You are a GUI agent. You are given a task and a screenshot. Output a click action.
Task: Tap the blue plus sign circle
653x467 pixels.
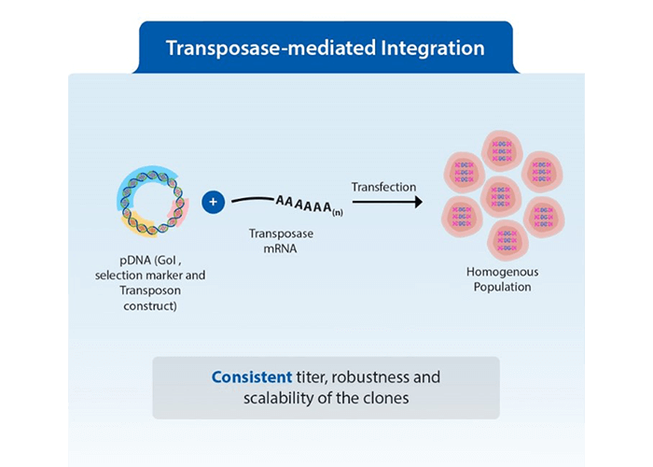click(214, 201)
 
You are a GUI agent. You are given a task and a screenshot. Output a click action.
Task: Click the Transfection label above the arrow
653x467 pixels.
click(383, 187)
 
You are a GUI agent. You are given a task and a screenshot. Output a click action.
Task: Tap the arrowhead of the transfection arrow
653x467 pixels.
click(415, 202)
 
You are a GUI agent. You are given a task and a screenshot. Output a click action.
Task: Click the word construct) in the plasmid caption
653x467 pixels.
click(149, 305)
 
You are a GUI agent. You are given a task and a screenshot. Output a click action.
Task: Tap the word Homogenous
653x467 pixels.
click(502, 272)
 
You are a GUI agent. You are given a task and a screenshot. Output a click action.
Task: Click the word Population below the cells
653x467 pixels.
click(502, 287)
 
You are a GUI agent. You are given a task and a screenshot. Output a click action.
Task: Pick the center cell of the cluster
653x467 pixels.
click(502, 195)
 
